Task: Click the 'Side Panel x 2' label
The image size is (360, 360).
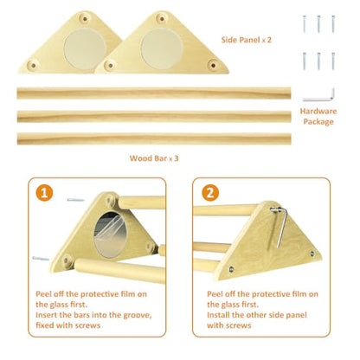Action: [247, 40]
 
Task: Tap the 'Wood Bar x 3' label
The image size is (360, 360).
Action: [154, 158]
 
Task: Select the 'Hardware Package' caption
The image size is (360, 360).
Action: [318, 116]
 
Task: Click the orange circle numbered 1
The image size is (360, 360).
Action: [44, 193]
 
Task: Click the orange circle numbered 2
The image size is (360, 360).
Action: [210, 193]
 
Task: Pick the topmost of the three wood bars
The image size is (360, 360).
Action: [154, 93]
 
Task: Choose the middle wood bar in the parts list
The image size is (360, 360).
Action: [154, 116]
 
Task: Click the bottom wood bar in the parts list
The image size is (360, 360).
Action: [154, 138]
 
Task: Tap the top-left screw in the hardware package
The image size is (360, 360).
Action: [305, 24]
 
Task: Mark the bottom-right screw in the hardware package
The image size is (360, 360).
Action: [333, 61]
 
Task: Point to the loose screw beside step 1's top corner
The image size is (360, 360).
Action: [75, 200]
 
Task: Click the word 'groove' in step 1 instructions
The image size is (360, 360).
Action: [138, 315]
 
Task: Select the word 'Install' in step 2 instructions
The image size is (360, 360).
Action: [218, 315]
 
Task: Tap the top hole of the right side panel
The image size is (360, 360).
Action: [162, 19]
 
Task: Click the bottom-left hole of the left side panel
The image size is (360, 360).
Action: [33, 66]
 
